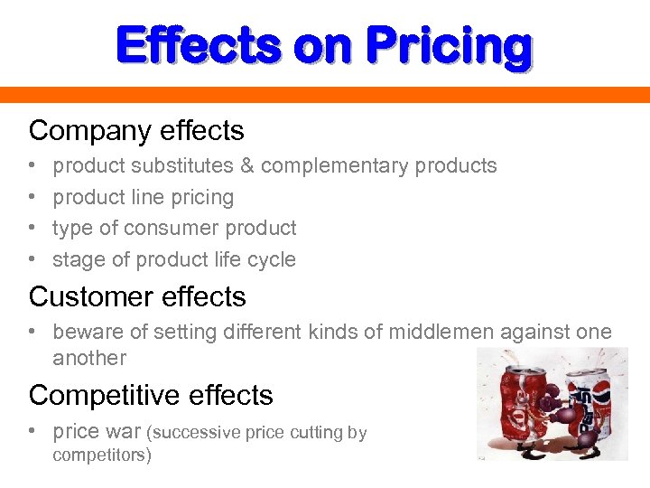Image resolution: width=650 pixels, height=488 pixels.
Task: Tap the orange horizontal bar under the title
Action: click(325, 95)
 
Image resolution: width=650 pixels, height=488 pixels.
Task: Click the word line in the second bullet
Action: click(147, 197)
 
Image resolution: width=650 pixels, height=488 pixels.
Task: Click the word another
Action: click(89, 358)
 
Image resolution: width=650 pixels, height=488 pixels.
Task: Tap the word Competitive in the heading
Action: click(100, 396)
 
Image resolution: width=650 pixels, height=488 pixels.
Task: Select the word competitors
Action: click(99, 455)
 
